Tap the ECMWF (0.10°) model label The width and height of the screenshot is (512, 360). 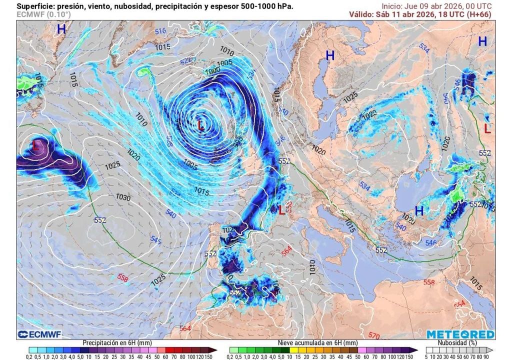[43, 14]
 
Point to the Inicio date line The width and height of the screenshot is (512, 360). [434, 6]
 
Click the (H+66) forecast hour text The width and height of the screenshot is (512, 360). [478, 14]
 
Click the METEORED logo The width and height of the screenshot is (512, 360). [460, 334]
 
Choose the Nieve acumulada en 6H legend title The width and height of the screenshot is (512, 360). [317, 343]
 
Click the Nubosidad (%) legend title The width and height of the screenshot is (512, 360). [458, 343]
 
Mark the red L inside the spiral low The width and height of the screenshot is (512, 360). [201, 125]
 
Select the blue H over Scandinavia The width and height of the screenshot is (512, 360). [330, 55]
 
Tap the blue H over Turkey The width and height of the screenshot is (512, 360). [419, 211]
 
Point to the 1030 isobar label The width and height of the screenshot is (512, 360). [123, 198]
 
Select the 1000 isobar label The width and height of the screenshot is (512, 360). [212, 71]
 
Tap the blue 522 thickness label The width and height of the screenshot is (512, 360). [186, 60]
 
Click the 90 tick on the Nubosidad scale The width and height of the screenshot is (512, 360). [492, 356]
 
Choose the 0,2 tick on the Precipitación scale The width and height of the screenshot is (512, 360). [29, 356]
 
